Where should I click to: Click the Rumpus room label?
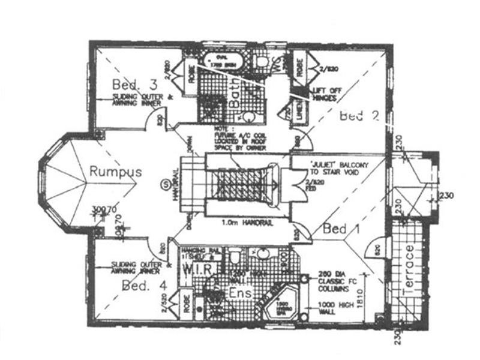pos(115,172)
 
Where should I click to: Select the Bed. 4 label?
pos(144,286)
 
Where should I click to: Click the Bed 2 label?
pos(359,116)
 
